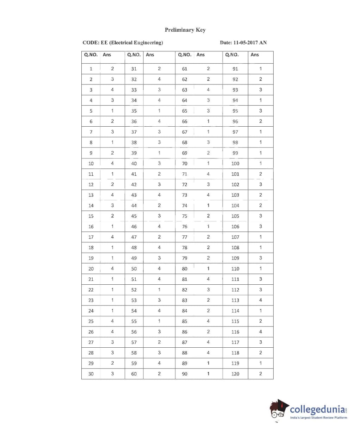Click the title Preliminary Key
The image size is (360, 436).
185,30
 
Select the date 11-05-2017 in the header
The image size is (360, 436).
246,43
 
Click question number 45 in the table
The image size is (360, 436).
134,216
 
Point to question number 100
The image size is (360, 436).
235,163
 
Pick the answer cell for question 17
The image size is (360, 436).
112,237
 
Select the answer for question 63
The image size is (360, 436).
208,90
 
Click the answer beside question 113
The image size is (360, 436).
261,300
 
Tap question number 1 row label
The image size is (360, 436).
91,69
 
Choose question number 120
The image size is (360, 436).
235,374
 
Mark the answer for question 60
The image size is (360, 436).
159,374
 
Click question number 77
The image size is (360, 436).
185,237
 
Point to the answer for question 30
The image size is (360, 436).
112,374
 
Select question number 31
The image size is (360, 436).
134,69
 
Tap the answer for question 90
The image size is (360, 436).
208,374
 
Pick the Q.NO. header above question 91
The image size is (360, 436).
232,55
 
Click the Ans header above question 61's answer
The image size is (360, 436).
200,55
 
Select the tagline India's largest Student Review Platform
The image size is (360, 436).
318,418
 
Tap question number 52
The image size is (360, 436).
134,290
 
